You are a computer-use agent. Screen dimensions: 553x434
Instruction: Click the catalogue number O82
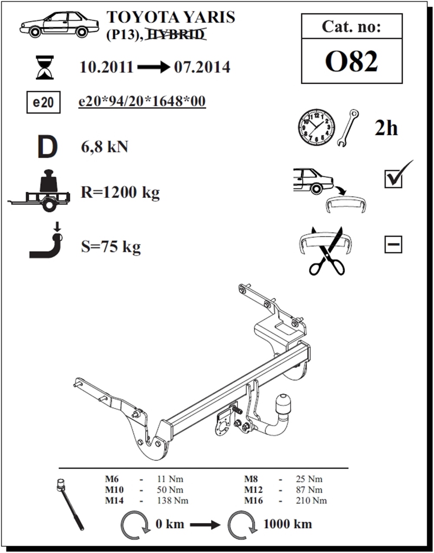click(x=351, y=62)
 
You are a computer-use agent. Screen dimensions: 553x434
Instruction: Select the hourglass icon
click(x=45, y=67)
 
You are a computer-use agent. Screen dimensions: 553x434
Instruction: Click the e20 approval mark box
click(x=43, y=103)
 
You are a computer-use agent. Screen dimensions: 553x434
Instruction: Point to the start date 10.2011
click(x=106, y=67)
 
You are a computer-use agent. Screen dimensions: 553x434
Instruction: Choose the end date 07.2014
click(x=202, y=67)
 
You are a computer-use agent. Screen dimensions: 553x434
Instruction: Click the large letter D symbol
click(x=47, y=147)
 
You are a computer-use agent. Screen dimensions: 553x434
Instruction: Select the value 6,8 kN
click(x=105, y=147)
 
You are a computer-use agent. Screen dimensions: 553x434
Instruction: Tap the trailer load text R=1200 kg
click(x=120, y=192)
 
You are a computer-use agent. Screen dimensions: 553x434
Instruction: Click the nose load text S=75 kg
click(x=111, y=247)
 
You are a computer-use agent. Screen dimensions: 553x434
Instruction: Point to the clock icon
click(x=316, y=128)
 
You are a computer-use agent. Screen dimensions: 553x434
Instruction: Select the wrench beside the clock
click(x=348, y=128)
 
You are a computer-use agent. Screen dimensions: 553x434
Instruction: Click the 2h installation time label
click(x=386, y=128)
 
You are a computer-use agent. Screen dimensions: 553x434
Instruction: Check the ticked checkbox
click(x=393, y=178)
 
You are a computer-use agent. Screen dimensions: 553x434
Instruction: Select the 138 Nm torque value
click(x=172, y=501)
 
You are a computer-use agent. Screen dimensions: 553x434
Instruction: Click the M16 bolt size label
click(x=254, y=501)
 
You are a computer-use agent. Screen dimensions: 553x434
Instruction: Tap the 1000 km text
click(x=287, y=524)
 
